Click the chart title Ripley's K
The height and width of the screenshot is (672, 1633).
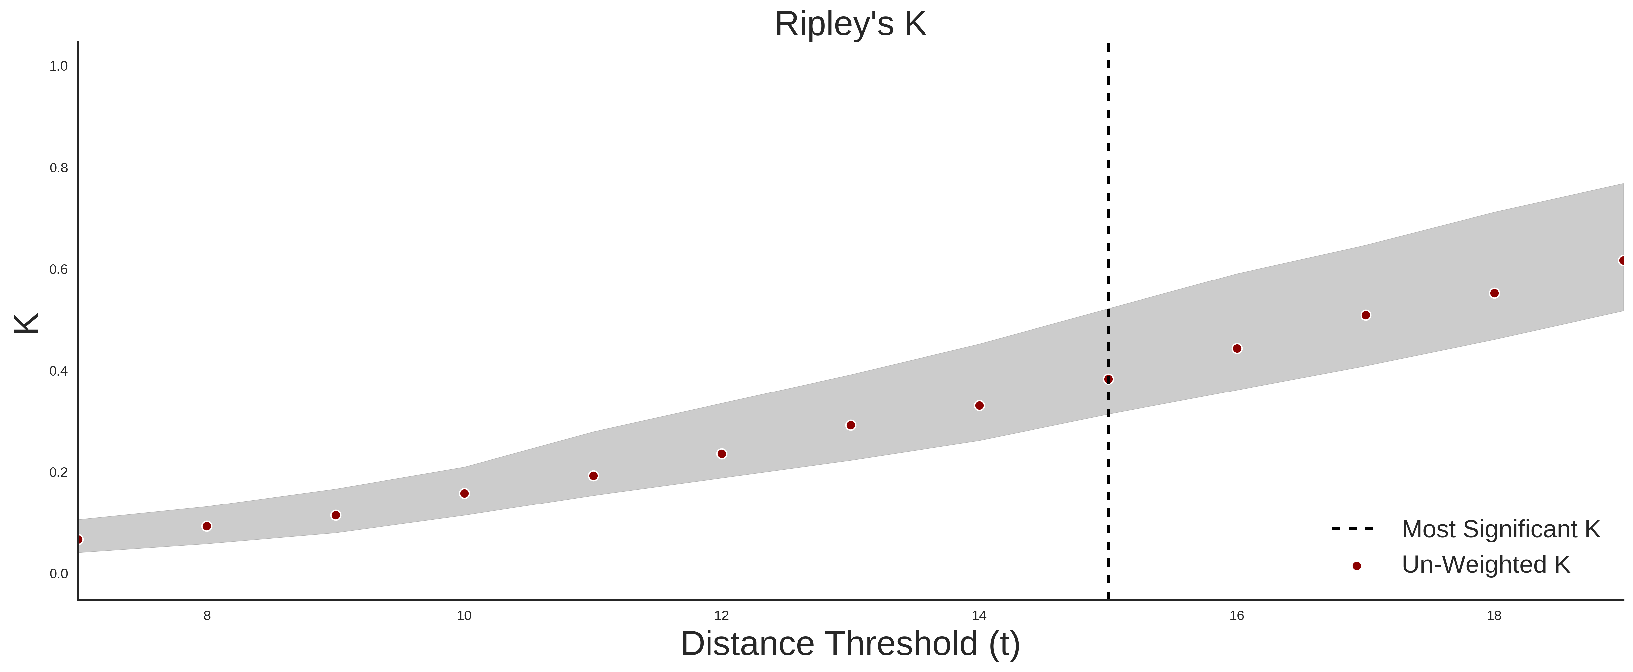[850, 24]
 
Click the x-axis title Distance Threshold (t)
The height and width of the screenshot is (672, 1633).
[850, 644]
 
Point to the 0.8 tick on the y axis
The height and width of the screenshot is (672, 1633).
[59, 168]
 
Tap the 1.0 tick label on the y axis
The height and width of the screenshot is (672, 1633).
[59, 66]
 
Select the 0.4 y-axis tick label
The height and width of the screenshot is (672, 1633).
[59, 371]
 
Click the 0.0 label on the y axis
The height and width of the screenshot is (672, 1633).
[59, 574]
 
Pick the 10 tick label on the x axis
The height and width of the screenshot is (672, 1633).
[464, 616]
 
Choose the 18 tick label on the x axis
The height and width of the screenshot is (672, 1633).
[1494, 616]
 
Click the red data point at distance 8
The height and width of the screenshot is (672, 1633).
[207, 526]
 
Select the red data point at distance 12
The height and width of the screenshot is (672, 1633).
[721, 454]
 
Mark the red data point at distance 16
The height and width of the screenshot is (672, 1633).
[1237, 349]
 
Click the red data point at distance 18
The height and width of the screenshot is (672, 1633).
[1494, 293]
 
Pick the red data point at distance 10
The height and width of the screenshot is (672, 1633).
[464, 493]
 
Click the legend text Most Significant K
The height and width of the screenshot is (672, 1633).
[1500, 529]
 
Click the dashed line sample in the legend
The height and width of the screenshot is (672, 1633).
[1353, 528]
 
